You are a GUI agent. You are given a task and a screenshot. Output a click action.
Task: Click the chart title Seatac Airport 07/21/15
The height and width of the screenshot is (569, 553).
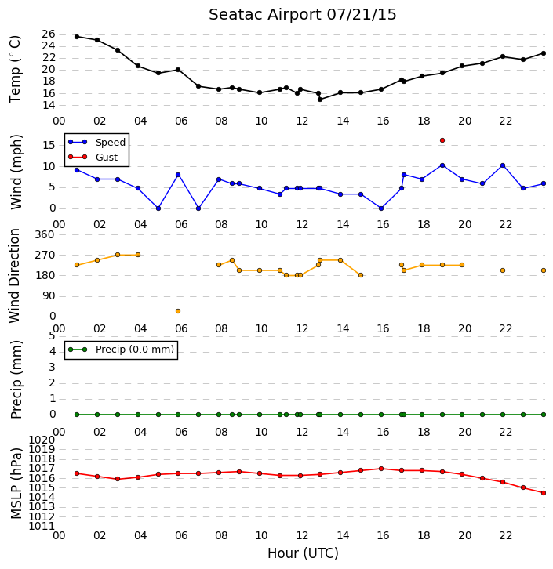coord(303,15)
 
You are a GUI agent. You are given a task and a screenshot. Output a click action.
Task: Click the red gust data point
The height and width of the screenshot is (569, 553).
coord(442,140)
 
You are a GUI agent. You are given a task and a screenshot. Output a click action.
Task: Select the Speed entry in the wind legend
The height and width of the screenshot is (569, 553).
coord(97,143)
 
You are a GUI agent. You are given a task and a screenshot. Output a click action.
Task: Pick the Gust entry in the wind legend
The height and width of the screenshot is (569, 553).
coord(93,157)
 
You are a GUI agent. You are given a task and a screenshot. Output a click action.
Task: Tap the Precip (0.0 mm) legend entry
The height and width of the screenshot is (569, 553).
coord(122,350)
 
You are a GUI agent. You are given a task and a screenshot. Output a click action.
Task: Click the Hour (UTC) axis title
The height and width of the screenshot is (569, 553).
coord(303,553)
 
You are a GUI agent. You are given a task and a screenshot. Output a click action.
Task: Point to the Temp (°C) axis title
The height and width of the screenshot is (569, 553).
coord(15,69)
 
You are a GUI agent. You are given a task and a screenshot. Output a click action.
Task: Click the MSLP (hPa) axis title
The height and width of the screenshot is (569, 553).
coord(16,484)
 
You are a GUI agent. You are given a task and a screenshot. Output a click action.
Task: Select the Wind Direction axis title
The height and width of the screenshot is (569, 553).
coord(14,276)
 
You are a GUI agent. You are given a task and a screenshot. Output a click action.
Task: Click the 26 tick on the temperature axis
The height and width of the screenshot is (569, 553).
coord(49,34)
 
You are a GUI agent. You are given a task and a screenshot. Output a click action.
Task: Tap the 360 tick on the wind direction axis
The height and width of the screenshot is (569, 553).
coord(45,235)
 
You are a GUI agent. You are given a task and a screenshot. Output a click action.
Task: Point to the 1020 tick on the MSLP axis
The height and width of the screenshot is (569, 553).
coord(42,440)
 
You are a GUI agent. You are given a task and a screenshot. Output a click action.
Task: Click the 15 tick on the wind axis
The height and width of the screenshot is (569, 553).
coord(49,146)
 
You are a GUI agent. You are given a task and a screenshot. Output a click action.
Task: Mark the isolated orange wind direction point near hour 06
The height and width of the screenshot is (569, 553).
coord(178,311)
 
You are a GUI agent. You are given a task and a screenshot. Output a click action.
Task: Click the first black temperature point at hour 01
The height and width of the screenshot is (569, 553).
coord(77,37)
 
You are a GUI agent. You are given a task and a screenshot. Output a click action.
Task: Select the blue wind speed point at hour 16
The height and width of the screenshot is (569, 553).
coord(381,208)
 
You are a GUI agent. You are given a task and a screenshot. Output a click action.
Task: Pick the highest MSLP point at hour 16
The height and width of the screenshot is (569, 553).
coord(381,469)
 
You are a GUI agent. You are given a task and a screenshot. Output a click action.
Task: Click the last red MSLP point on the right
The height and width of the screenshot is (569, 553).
coord(544,493)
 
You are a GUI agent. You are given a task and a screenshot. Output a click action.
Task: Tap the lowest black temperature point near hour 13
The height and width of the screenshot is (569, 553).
coord(320,100)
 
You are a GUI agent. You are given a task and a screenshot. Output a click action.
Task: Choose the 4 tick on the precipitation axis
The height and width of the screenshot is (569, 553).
coord(53,352)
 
